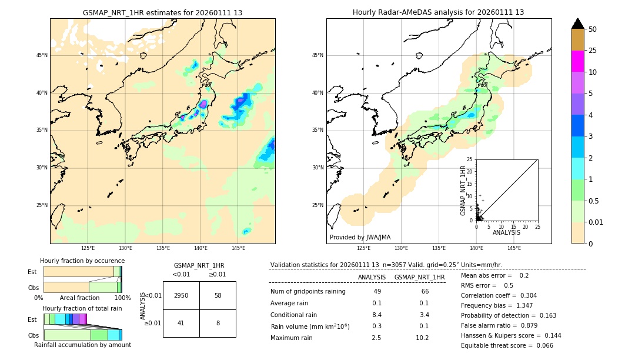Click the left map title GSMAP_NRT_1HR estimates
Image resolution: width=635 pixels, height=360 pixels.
[162, 12]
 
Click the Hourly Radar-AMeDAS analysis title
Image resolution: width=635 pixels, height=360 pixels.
[439, 12]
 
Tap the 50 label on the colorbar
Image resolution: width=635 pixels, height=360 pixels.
[593, 29]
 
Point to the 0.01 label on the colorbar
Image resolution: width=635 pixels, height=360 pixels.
[596, 222]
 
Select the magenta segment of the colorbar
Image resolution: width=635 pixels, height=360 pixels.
[577, 61]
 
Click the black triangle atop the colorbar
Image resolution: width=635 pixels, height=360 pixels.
[577, 24]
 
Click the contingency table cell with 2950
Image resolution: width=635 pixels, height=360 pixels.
[181, 295]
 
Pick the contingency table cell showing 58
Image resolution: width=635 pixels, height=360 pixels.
[218, 295]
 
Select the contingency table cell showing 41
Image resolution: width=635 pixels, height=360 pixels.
[181, 323]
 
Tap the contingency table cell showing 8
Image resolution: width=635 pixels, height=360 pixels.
[218, 323]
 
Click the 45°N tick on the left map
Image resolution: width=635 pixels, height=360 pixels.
[42, 55]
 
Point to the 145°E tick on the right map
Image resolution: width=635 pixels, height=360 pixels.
[514, 248]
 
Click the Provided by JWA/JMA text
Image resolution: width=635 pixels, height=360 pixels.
[360, 238]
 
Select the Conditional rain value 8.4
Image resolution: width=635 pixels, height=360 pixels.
[377, 315]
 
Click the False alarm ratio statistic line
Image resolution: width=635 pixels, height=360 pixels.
[499, 325]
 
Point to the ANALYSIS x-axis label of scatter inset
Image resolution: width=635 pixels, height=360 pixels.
[506, 232]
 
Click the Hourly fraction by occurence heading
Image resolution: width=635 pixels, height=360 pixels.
[82, 261]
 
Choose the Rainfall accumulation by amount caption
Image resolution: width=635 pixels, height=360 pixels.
[82, 345]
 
